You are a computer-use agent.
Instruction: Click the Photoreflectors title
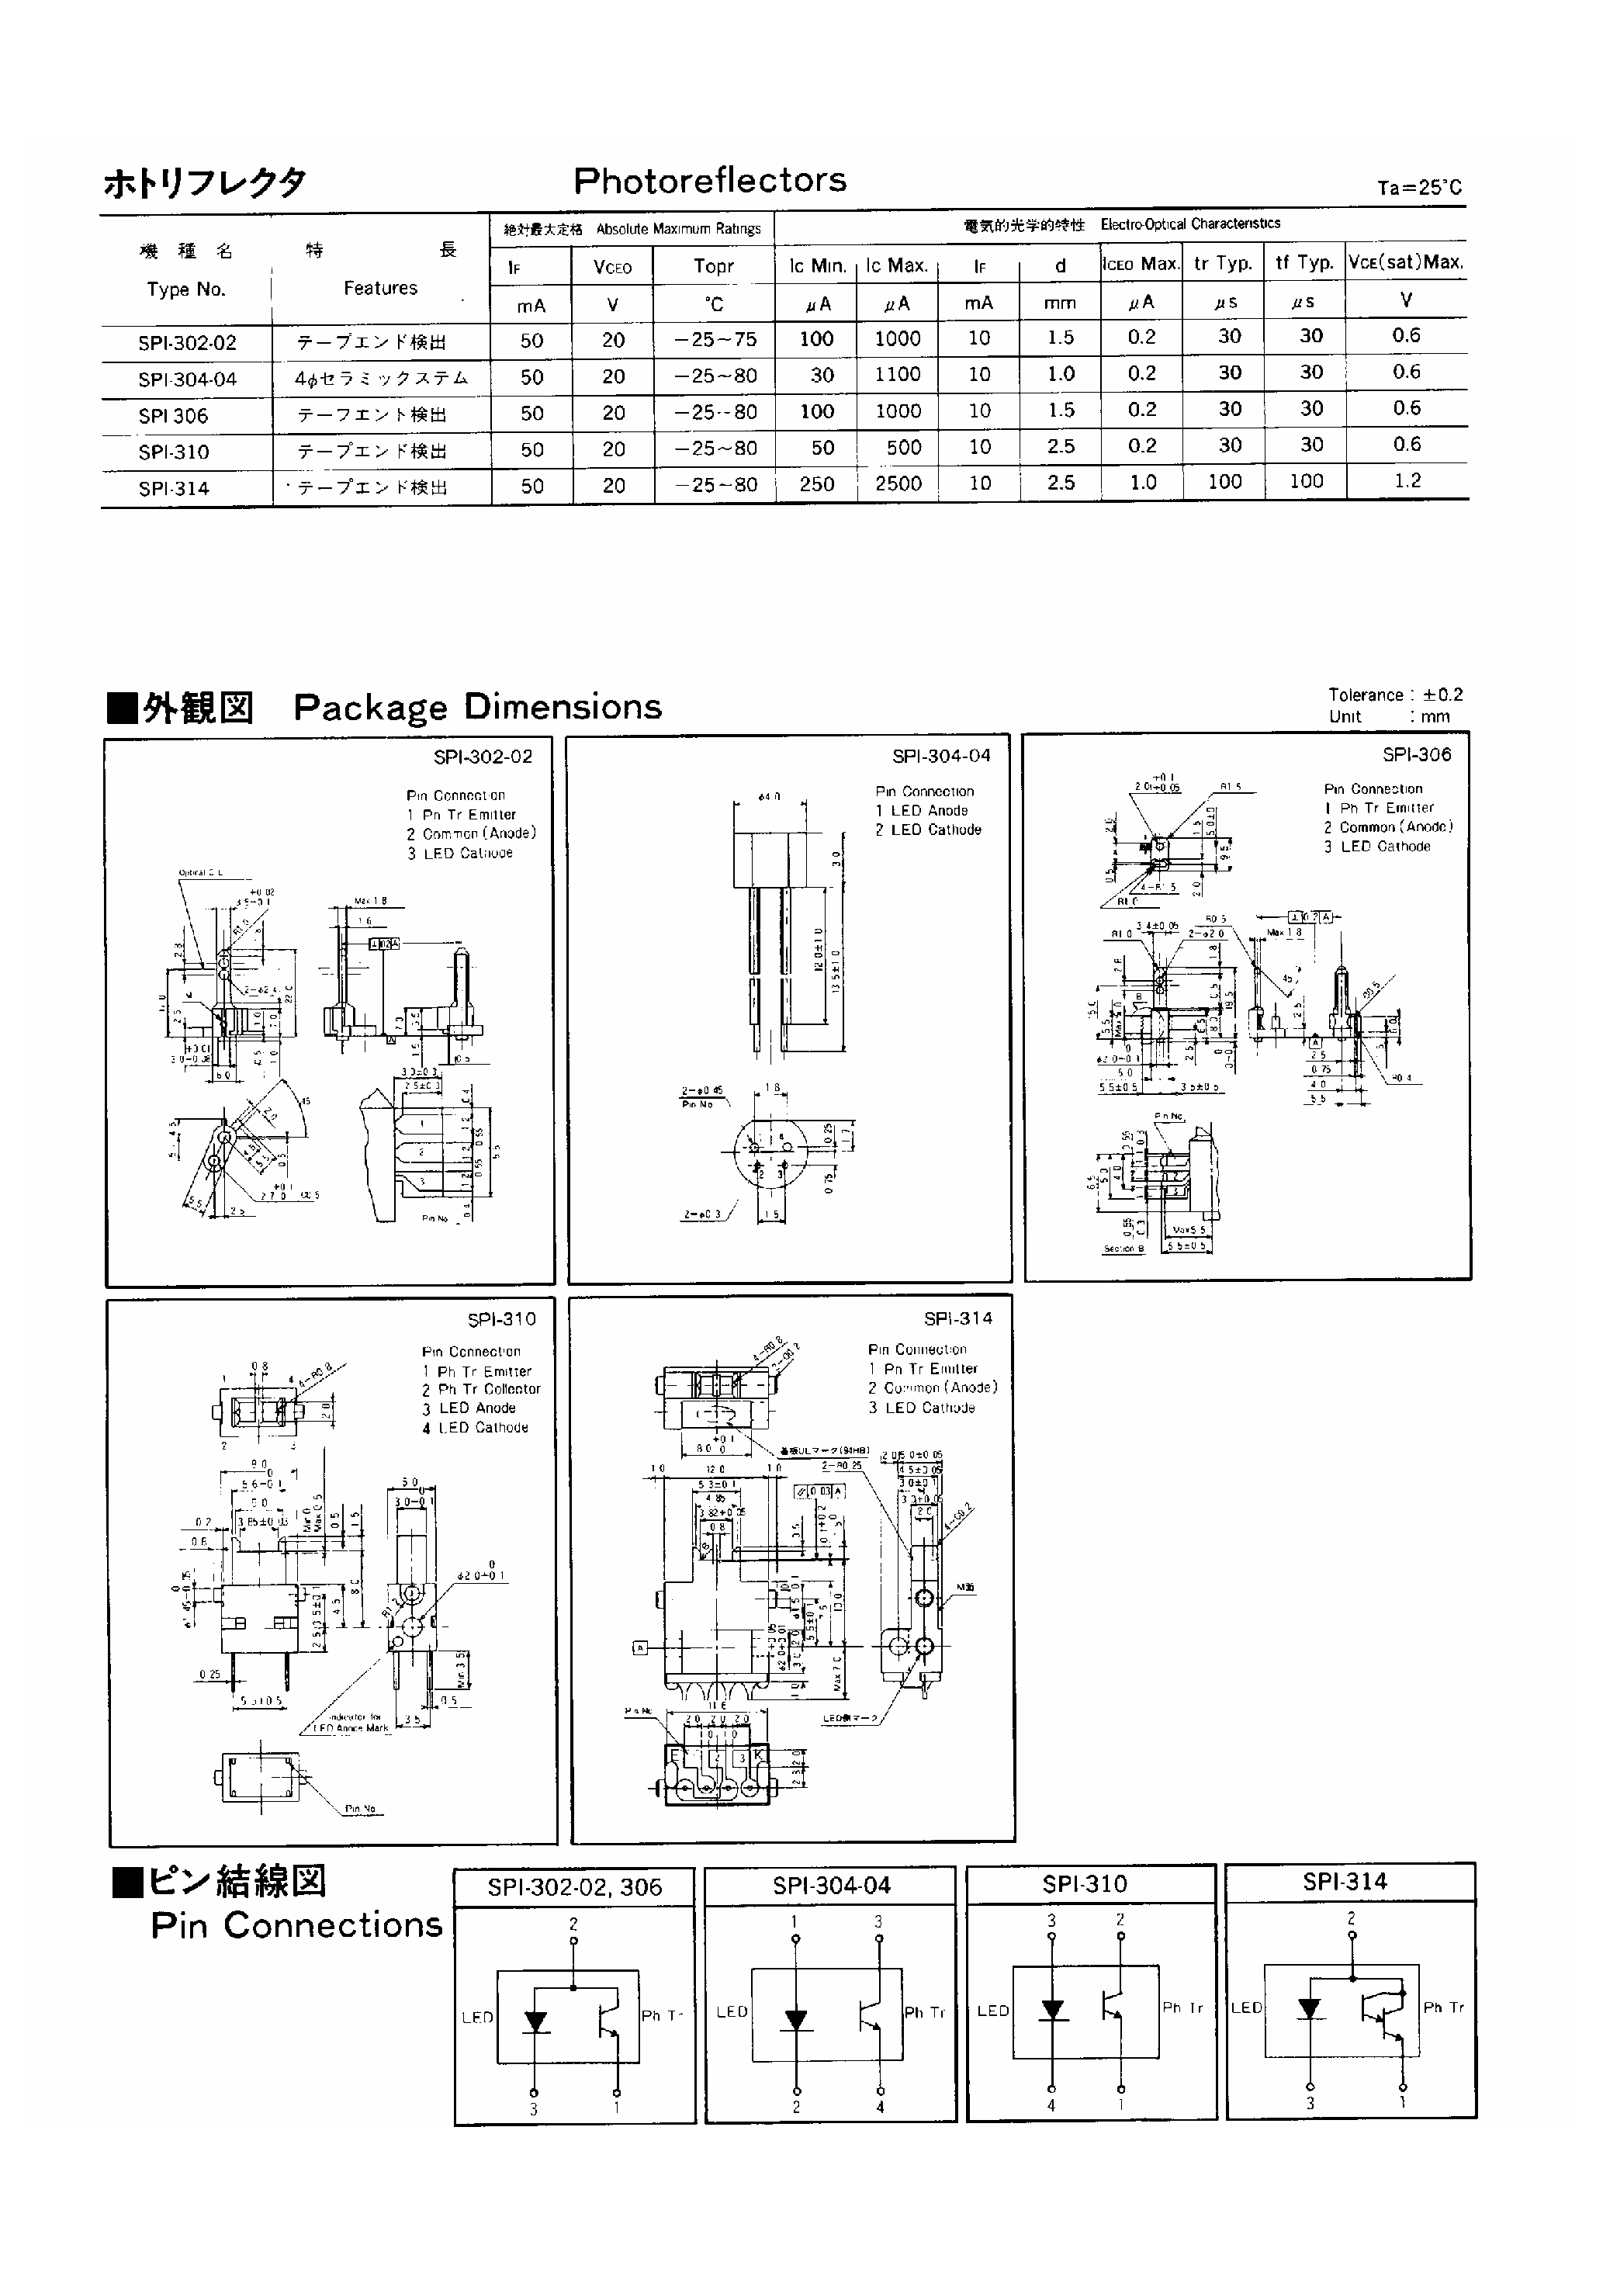click(x=710, y=180)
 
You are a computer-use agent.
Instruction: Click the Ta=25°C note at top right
click(x=1419, y=188)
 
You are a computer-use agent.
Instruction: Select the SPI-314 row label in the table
click(x=174, y=488)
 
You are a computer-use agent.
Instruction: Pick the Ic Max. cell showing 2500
click(x=898, y=483)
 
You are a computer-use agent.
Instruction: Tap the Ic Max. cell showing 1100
click(x=898, y=375)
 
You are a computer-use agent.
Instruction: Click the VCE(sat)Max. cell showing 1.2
click(x=1407, y=480)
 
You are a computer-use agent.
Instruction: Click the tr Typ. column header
click(x=1223, y=263)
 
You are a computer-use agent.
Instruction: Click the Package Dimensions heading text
click(x=477, y=707)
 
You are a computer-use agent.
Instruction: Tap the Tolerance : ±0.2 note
click(x=1394, y=695)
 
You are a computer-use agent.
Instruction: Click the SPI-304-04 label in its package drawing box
click(x=941, y=756)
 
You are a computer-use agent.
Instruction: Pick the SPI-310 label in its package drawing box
click(x=501, y=1319)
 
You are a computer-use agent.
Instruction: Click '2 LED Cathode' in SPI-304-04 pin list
click(x=928, y=830)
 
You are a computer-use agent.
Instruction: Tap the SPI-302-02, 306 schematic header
click(x=574, y=1886)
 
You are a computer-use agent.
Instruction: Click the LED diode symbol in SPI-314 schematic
click(x=1310, y=2008)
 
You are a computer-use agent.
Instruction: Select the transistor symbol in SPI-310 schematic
click(x=1113, y=2006)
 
